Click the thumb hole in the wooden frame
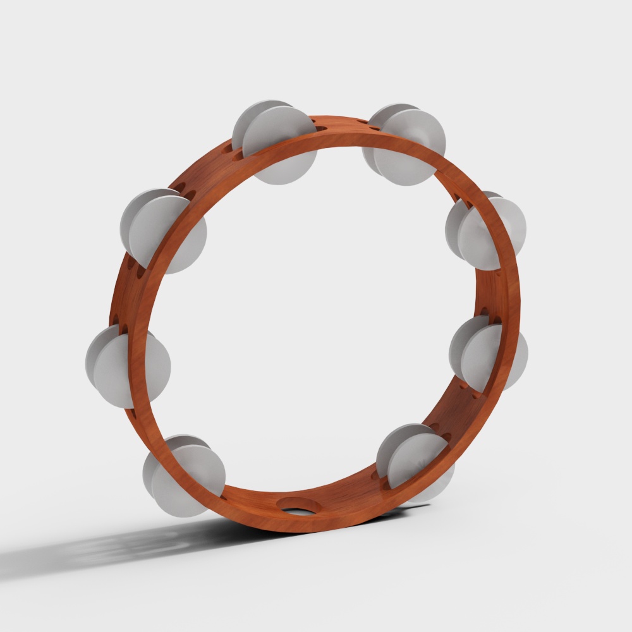coord(298,505)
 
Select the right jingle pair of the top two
coord(404,144)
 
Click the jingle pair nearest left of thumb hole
coord(185,475)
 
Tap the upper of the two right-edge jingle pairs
coord(487,229)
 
